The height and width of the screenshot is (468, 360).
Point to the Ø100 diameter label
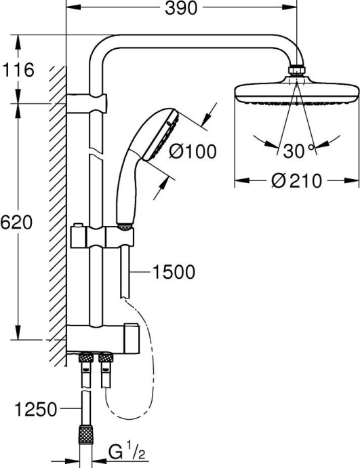193,151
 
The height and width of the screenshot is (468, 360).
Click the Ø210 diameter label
296,180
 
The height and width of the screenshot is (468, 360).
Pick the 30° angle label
297,151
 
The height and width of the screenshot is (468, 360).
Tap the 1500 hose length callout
174,273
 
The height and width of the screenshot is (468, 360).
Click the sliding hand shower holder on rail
102,238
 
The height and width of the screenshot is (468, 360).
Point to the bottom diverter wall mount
102,336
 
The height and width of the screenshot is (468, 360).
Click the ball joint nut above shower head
295,70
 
